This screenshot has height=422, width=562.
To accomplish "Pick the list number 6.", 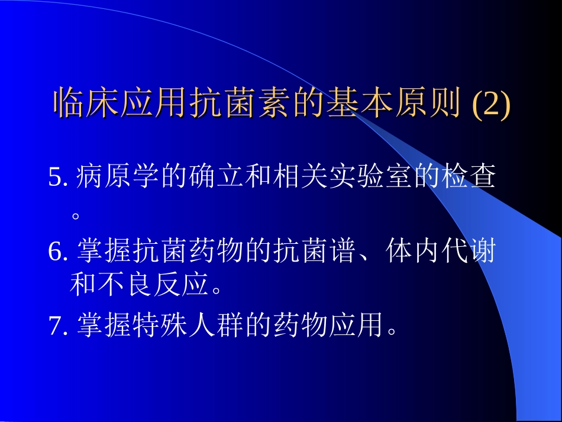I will tap(57, 253).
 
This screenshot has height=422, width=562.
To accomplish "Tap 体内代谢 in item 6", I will tap(441, 253).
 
